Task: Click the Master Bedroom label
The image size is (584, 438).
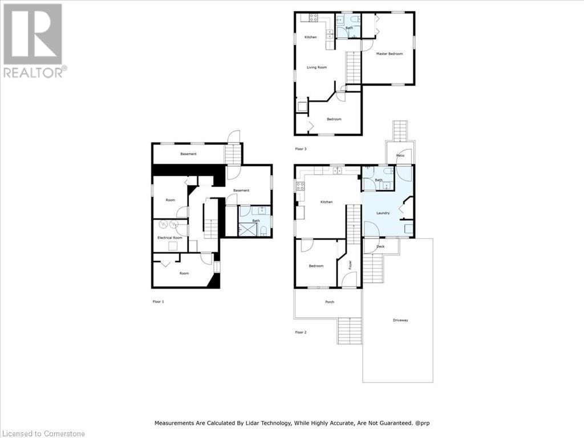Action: click(x=389, y=54)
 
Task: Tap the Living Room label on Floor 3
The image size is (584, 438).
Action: click(x=317, y=67)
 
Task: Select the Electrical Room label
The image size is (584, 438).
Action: click(x=169, y=237)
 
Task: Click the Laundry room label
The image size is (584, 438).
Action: click(x=383, y=213)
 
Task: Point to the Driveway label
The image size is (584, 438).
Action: click(x=400, y=320)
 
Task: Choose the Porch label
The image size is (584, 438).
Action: click(x=329, y=302)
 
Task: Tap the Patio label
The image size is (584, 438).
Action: click(x=400, y=155)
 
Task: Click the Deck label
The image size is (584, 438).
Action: click(x=380, y=246)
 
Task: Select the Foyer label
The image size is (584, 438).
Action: click(x=350, y=265)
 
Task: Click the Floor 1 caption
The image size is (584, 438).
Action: click(x=158, y=301)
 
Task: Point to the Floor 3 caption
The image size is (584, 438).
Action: click(x=301, y=149)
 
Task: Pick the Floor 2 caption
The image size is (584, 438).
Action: click(x=301, y=331)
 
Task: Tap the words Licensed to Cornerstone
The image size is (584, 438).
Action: click(x=43, y=433)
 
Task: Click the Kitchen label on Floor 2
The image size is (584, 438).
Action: click(x=326, y=202)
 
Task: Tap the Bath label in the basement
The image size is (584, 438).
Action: click(x=256, y=221)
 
